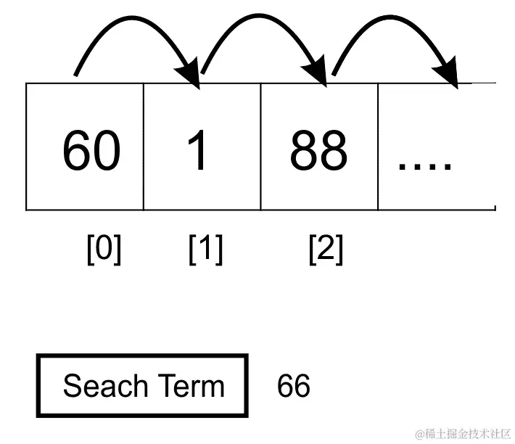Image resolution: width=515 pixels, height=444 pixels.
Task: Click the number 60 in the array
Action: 91,151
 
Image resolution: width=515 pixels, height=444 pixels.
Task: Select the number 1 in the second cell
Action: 197,151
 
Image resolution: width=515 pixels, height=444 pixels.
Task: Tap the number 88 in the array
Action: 318,151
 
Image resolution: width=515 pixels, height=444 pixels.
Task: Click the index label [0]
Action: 104,250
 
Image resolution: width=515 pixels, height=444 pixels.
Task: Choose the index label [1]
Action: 205,250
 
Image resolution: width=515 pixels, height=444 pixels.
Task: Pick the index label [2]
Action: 326,250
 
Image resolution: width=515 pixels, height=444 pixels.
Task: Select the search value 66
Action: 294,386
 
